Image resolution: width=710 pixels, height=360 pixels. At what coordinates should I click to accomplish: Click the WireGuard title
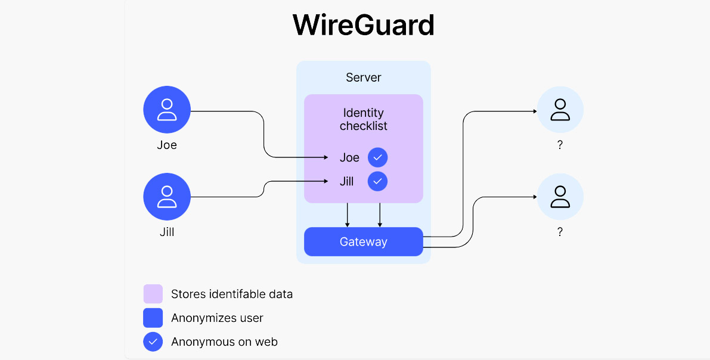click(363, 26)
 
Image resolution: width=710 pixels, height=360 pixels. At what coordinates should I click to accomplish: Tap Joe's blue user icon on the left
click(167, 110)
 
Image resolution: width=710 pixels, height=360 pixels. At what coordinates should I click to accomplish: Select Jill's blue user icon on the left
click(167, 197)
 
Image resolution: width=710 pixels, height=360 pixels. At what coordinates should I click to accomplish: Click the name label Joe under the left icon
click(167, 145)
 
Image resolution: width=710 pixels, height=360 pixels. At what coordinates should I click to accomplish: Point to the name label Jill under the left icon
click(167, 232)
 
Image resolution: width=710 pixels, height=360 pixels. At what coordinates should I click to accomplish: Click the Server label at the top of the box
click(363, 77)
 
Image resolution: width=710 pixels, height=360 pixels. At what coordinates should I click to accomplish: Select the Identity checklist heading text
click(363, 119)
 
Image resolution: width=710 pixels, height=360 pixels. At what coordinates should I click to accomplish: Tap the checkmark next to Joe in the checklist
click(377, 157)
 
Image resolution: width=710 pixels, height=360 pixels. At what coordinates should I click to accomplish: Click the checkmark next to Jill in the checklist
click(377, 181)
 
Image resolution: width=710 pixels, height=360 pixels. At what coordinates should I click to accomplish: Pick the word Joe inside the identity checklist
click(349, 157)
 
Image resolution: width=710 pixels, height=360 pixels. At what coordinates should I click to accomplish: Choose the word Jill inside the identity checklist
click(346, 181)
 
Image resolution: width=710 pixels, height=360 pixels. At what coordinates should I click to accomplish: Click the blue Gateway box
click(363, 241)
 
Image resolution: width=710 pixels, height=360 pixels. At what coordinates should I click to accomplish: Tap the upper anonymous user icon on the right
click(560, 110)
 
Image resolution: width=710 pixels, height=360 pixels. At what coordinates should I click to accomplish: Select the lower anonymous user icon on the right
click(560, 197)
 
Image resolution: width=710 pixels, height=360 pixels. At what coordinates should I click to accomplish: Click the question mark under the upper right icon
click(560, 145)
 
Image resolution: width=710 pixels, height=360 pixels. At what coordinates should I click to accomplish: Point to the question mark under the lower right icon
click(560, 232)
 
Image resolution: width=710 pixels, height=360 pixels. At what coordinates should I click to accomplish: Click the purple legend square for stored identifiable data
click(153, 294)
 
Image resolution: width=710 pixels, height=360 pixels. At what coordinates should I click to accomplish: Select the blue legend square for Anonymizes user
click(153, 318)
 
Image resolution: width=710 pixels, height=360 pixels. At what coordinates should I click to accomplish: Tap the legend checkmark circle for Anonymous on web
click(153, 342)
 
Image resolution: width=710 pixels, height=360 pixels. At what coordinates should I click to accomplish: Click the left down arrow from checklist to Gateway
click(348, 215)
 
